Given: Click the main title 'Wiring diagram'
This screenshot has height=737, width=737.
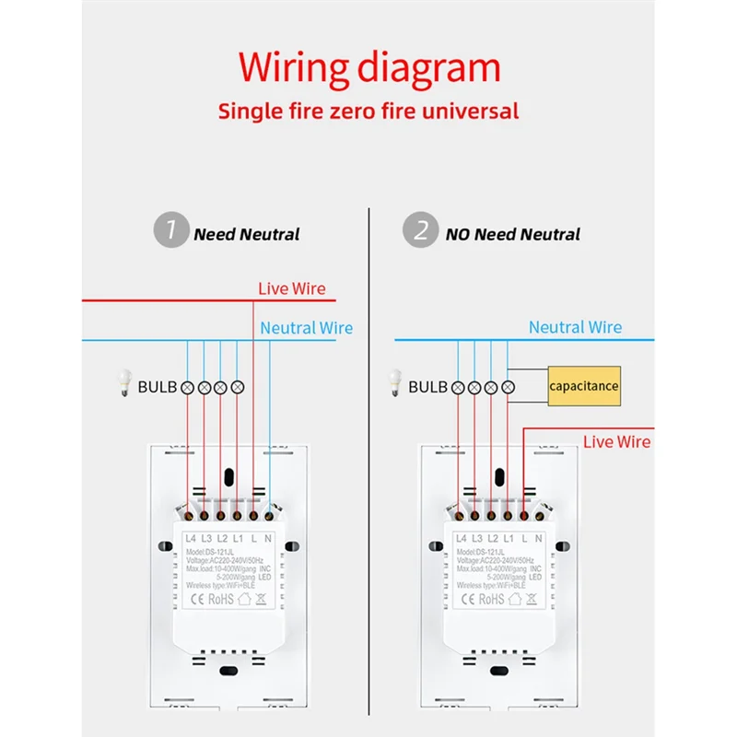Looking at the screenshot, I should point(368,68).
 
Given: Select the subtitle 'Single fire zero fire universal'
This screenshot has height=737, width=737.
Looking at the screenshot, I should point(368,111).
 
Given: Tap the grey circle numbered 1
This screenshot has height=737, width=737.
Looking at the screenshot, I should point(169,231).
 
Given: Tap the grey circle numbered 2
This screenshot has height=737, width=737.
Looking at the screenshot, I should point(421,231).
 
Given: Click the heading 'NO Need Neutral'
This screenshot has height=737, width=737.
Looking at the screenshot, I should point(512,234).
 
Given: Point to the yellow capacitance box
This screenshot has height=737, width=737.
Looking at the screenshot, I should point(583,386).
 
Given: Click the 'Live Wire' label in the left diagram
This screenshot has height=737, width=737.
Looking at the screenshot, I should point(291,288).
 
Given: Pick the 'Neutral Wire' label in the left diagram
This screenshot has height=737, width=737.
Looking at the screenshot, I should point(306,327).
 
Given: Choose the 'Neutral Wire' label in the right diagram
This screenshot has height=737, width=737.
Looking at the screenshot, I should point(575,327).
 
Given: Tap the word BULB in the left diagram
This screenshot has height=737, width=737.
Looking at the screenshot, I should point(158,387).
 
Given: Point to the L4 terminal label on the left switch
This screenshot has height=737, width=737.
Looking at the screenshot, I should point(192,538).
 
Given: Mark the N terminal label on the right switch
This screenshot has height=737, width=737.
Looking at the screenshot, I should point(539,538).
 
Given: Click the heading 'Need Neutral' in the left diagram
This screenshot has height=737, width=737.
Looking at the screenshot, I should point(246,234).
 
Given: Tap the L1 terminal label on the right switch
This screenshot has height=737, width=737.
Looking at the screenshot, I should point(509,538).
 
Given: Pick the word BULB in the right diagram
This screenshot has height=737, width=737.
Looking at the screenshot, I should point(428,387).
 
